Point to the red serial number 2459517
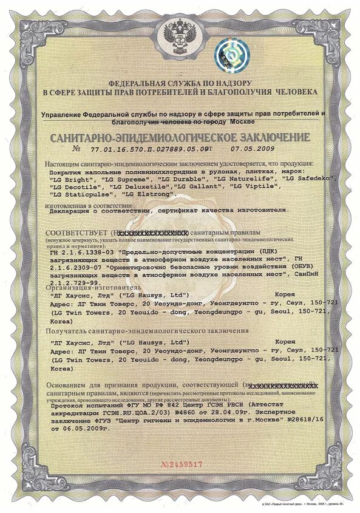[x=182, y=463]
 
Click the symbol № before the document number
[x=76, y=148]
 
